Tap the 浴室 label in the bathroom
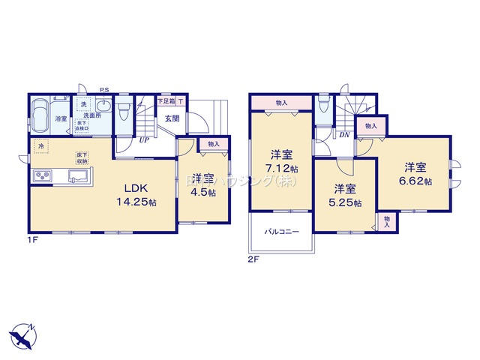(x=60, y=118)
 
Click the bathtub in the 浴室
(x=41, y=116)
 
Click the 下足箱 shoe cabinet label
(x=165, y=101)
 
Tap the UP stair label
(x=142, y=139)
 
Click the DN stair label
(x=344, y=135)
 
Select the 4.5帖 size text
(x=202, y=193)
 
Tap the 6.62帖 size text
(x=417, y=181)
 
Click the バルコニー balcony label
(x=281, y=232)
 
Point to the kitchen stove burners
(x=40, y=177)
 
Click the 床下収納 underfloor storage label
(x=81, y=157)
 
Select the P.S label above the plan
(x=103, y=90)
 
